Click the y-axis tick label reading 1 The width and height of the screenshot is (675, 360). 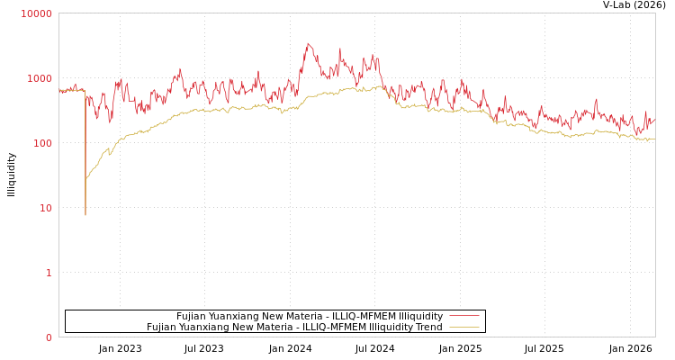pyautogui.click(x=48, y=273)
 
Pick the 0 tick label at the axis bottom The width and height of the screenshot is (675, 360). pyautogui.click(x=48, y=337)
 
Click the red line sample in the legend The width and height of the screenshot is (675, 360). pyautogui.click(x=463, y=316)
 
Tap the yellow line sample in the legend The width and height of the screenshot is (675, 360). pyautogui.click(x=463, y=328)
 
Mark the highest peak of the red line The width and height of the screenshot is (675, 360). pyautogui.click(x=308, y=42)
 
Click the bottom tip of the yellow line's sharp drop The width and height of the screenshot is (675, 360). pyautogui.click(x=85, y=215)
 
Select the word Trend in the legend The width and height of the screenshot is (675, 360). pyautogui.click(x=427, y=328)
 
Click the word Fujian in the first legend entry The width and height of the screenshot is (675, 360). pyautogui.click(x=192, y=317)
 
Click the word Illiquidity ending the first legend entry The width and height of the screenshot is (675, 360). pyautogui.click(x=420, y=317)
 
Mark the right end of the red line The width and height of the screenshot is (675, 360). pyautogui.click(x=654, y=119)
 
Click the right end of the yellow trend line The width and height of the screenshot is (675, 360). pyautogui.click(x=654, y=139)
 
